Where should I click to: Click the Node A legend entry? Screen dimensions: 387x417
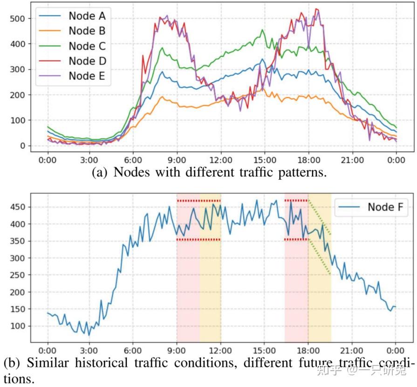pyautogui.click(x=87, y=16)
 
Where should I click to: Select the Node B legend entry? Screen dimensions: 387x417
pyautogui.click(x=87, y=31)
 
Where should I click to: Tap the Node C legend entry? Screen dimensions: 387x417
pyautogui.click(x=87, y=46)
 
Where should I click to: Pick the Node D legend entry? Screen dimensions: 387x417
pyautogui.click(x=87, y=61)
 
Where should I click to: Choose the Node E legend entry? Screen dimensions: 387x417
pyautogui.click(x=87, y=76)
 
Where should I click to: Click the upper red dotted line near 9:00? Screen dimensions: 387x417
pyautogui.click(x=198, y=201)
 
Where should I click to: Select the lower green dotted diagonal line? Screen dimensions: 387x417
pyautogui.click(x=320, y=257)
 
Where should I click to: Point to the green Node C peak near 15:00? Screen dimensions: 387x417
pyautogui.click(x=262, y=30)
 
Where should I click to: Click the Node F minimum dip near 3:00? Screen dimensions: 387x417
pyautogui.click(x=89, y=335)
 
